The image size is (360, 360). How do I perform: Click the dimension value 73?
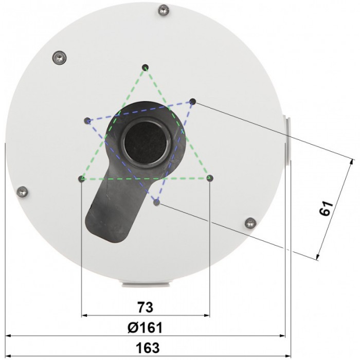click(x=146, y=308)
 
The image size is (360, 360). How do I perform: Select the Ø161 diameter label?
click(x=146, y=328)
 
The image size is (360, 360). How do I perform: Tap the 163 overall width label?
click(x=147, y=347)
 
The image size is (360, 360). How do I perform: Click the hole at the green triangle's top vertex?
click(x=146, y=67)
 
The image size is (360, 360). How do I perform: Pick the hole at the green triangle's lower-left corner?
click(x=82, y=178)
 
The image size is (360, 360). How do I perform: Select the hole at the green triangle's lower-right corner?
click(x=210, y=178)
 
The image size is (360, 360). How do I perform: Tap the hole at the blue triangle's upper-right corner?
click(x=193, y=101)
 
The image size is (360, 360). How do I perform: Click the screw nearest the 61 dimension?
click(x=250, y=223)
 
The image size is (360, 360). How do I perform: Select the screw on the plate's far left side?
click(x=22, y=191)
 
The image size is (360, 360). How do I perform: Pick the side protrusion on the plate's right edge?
click(x=287, y=139)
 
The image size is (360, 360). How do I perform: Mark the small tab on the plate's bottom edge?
click(x=146, y=282)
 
